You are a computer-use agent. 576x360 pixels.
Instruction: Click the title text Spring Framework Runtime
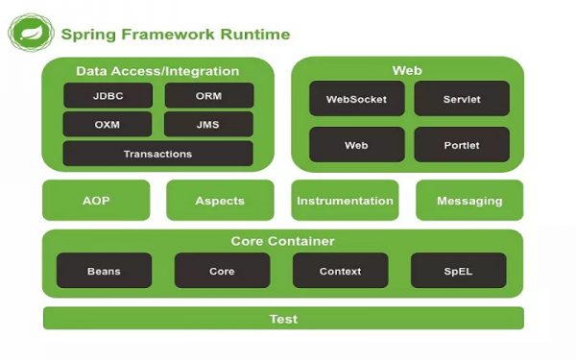[175, 35]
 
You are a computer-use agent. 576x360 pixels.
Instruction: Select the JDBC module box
[107, 96]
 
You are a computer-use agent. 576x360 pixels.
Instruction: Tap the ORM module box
[209, 96]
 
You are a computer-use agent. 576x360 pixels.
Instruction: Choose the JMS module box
[209, 125]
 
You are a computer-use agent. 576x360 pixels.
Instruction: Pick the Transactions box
[157, 154]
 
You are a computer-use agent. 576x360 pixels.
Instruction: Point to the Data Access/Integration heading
[157, 71]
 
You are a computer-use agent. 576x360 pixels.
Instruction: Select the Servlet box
[462, 99]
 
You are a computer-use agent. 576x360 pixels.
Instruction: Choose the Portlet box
[462, 145]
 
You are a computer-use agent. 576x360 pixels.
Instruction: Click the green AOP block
[96, 201]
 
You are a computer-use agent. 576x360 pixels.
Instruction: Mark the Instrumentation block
[345, 201]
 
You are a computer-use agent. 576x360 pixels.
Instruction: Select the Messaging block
[469, 201]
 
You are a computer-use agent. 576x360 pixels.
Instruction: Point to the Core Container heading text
[282, 241]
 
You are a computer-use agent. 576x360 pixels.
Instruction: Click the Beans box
[104, 271]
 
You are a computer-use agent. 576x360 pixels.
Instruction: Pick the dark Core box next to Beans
[222, 271]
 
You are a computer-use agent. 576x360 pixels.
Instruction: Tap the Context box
[340, 271]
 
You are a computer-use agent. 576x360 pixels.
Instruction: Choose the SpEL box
[458, 271]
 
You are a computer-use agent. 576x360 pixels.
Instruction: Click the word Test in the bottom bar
[282, 319]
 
